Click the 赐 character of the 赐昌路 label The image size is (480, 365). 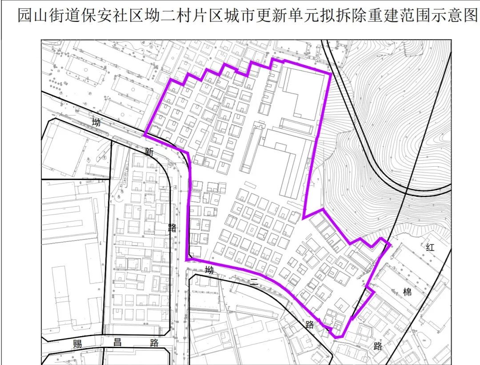click(78, 343)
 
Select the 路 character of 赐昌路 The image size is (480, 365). click(154, 343)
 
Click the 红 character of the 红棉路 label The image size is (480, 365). click(430, 248)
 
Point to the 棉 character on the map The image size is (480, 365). click(407, 292)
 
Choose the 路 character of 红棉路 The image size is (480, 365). click(378, 346)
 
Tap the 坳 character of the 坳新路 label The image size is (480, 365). click(96, 122)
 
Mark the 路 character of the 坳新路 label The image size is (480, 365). click(172, 228)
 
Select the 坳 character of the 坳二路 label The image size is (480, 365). click(209, 270)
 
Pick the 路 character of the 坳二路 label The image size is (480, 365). click(310, 324)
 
